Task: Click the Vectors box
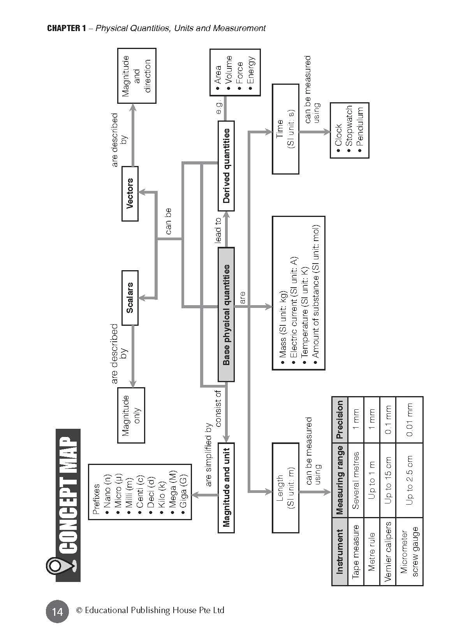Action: click(x=130, y=194)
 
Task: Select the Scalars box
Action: click(x=130, y=298)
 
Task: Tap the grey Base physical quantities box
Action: click(x=226, y=314)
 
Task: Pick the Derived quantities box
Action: click(x=226, y=166)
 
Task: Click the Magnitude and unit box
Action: click(x=226, y=487)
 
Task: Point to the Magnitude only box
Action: click(x=131, y=415)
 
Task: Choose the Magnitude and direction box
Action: click(x=137, y=76)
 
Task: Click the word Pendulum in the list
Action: click(x=360, y=127)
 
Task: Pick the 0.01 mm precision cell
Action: click(x=409, y=420)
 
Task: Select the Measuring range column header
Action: click(x=340, y=480)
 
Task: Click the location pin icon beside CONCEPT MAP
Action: click(x=58, y=565)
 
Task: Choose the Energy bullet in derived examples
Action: click(x=250, y=70)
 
